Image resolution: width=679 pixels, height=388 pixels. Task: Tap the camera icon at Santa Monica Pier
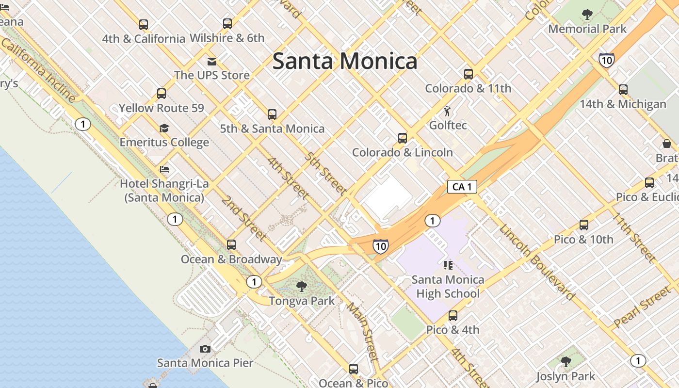point(205,349)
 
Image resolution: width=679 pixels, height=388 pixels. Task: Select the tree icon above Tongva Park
point(302,287)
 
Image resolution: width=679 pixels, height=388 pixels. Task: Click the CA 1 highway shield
point(462,187)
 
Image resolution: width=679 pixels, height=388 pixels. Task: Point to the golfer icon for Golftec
point(447,111)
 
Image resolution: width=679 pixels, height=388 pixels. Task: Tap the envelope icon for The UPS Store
point(212,61)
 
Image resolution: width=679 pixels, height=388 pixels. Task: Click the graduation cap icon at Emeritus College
point(164,128)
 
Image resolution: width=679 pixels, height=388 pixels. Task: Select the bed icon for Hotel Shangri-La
point(164,169)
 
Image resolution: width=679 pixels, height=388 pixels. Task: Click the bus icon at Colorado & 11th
point(468,74)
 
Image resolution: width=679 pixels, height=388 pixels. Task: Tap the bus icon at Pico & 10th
point(584,225)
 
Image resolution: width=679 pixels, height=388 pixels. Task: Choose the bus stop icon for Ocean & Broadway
point(231,245)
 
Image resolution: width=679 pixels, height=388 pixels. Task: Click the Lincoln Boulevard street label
point(537,262)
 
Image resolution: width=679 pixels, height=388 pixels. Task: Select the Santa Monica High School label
point(448,287)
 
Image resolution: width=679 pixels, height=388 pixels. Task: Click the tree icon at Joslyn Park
point(566,362)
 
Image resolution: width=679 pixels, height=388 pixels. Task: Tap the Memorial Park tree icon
point(587,15)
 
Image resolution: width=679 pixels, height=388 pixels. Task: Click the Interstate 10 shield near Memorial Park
point(606,60)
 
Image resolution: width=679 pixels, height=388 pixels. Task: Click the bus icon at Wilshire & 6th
point(227,23)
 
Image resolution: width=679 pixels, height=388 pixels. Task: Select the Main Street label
point(363,332)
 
